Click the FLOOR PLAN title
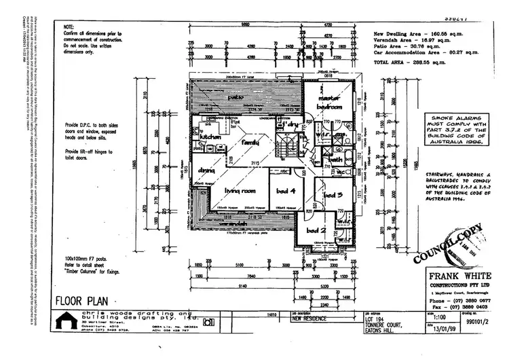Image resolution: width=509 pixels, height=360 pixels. coord(80,300)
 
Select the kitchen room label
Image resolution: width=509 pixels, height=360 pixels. coord(206,137)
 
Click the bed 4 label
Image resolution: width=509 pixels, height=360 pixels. coord(285,191)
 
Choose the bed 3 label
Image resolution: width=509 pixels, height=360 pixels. coord(333,196)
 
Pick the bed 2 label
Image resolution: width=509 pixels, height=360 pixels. coord(316,230)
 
